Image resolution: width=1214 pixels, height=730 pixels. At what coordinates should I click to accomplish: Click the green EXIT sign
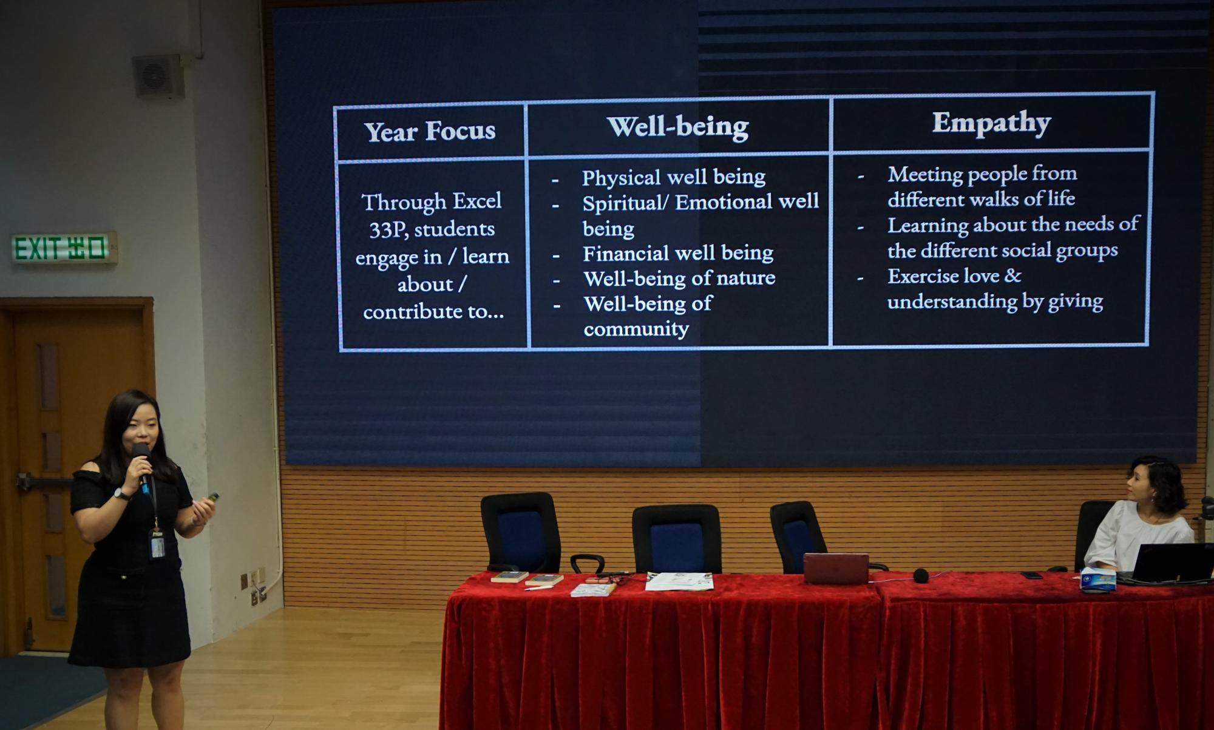click(x=64, y=248)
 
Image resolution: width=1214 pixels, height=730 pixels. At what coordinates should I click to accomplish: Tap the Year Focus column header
click(x=430, y=131)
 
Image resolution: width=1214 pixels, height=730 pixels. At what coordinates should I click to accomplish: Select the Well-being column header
click(x=678, y=127)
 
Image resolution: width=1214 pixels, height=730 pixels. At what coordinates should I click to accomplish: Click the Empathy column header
click(x=992, y=123)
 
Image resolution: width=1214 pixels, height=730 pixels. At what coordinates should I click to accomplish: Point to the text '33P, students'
click(x=432, y=229)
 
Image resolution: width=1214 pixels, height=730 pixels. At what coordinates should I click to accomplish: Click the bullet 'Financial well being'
click(x=678, y=253)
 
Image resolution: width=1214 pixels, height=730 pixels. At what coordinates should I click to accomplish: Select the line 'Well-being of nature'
click(x=679, y=279)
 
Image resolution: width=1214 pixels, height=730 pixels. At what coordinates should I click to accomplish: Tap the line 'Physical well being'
click(x=674, y=177)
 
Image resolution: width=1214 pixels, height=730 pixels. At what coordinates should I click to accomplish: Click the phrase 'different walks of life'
click(x=981, y=198)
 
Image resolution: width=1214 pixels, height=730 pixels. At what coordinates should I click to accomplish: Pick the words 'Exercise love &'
click(x=954, y=276)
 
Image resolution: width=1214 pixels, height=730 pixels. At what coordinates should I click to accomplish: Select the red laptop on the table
click(x=836, y=569)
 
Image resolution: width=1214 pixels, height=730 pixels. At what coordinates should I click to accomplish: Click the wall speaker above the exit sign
click(x=158, y=76)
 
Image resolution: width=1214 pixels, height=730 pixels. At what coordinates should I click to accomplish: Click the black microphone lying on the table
click(x=921, y=575)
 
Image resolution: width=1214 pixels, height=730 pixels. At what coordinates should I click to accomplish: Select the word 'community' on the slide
click(x=636, y=330)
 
